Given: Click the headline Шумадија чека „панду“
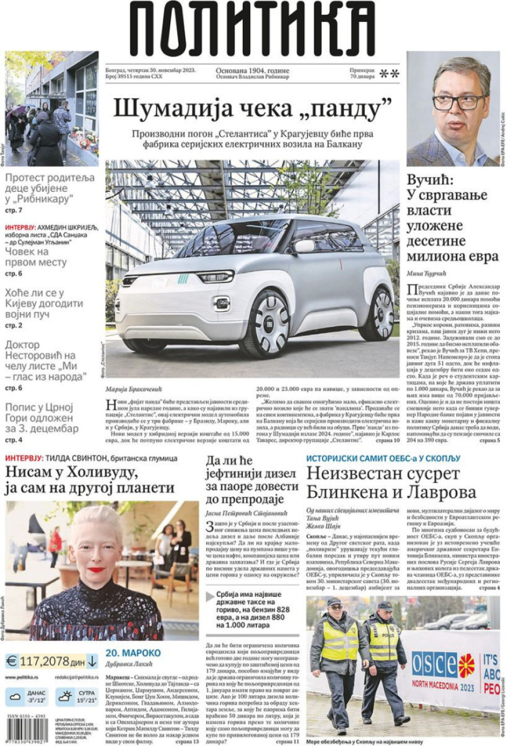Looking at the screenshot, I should (x=252, y=107).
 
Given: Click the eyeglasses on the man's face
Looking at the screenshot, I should (x=457, y=102).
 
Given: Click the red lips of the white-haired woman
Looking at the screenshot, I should (x=96, y=569).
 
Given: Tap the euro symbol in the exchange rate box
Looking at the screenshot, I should (x=11, y=661).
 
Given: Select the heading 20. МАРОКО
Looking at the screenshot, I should (x=133, y=652).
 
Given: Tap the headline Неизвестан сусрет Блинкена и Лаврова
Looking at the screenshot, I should (x=391, y=483).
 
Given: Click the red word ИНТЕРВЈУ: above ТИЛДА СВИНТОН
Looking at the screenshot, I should (x=24, y=458).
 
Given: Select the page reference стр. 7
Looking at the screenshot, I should (x=14, y=210).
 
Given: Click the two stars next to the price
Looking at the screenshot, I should (x=389, y=73).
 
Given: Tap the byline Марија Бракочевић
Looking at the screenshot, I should (x=135, y=389).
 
